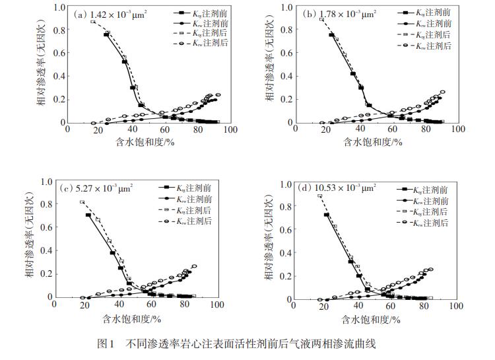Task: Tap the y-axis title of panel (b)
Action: (270, 65)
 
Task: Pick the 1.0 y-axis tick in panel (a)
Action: (58, 8)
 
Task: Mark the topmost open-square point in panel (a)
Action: (93, 22)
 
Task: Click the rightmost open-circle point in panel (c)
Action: (194, 266)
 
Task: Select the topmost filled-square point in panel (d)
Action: (326, 215)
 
